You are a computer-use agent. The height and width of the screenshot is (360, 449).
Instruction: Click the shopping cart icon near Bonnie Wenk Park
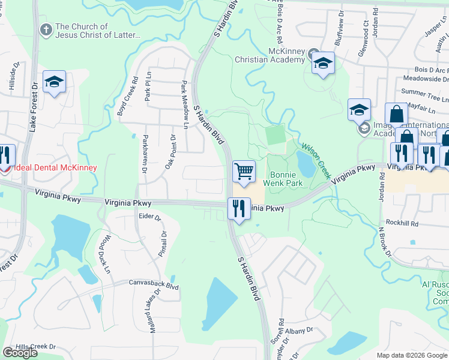point(244,172)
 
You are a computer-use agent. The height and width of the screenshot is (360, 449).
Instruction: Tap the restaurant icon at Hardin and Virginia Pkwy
point(239,209)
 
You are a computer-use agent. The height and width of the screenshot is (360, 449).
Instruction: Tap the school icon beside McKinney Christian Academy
point(323,63)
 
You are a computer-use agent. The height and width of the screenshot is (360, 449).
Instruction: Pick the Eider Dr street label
point(150,217)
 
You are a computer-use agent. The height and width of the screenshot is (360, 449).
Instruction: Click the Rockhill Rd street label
point(402,223)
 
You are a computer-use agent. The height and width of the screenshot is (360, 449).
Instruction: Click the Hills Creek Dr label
point(35,347)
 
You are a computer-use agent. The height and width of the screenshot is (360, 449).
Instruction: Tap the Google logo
point(20,352)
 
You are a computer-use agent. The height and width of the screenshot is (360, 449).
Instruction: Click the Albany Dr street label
point(301,330)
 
